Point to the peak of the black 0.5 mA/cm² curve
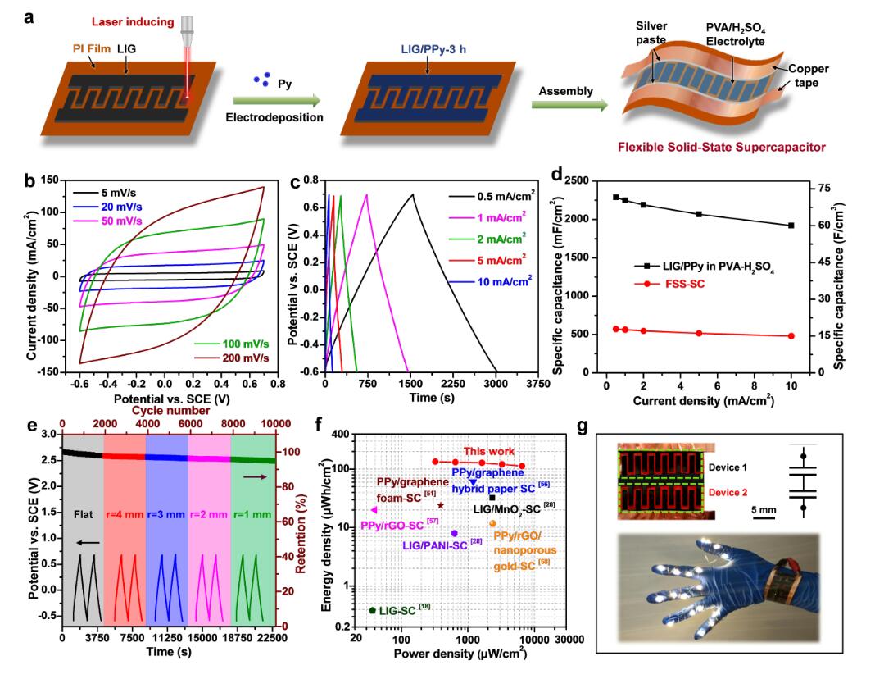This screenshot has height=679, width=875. point(414,194)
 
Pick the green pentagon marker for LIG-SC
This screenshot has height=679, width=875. point(373,611)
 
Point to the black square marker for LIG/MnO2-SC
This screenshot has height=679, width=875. point(492,498)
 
